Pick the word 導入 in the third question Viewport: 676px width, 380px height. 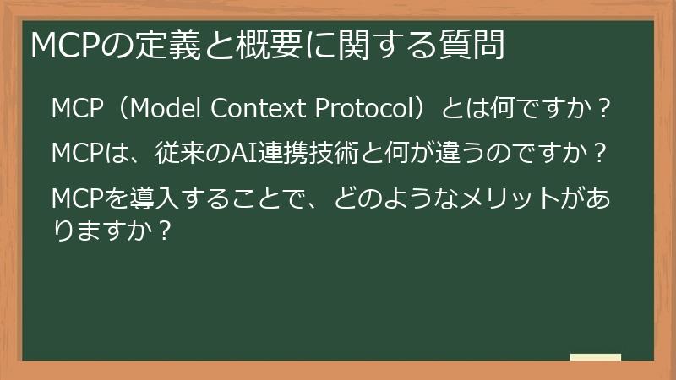(143, 199)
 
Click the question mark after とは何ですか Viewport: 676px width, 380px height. (603, 110)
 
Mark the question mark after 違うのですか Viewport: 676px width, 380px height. (598, 155)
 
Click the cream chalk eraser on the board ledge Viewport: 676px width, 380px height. (596, 358)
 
